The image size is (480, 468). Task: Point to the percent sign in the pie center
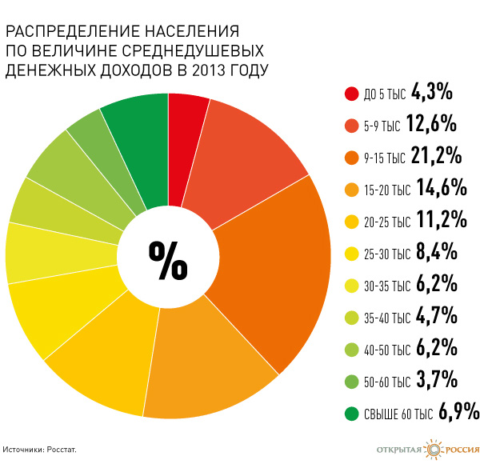168,261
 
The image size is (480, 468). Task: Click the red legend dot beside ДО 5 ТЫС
351,94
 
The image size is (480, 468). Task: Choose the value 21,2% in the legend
436,155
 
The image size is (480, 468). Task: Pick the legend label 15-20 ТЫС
387,190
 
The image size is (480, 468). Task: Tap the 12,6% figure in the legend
431,123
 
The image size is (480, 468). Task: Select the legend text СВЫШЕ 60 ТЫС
398,414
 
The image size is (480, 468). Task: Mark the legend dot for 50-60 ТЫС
351,382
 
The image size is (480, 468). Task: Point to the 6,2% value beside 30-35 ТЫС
437,283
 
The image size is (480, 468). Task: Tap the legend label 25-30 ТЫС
387,254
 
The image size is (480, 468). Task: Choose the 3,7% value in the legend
437,379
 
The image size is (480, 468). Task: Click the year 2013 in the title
208,70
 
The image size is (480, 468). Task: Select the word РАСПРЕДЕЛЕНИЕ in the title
73,31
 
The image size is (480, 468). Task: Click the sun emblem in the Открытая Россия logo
433,450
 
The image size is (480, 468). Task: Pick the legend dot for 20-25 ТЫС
351,222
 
